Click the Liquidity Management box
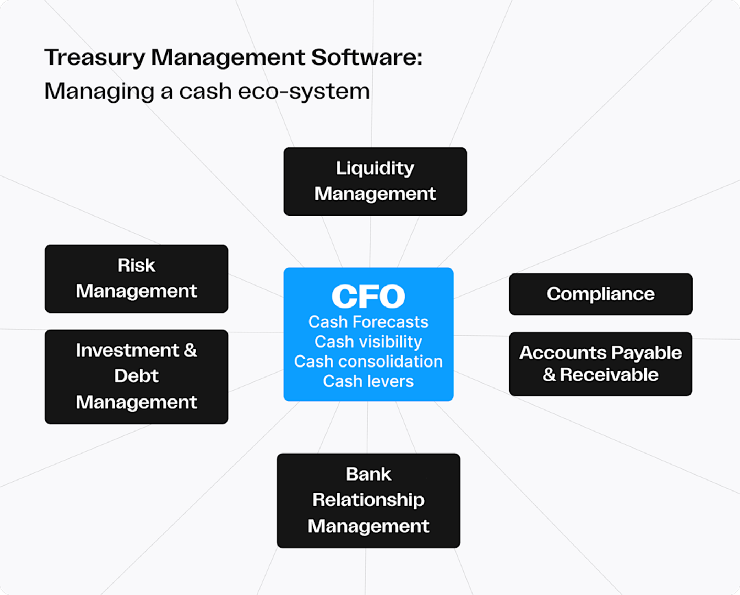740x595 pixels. click(375, 182)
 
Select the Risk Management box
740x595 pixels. click(136, 279)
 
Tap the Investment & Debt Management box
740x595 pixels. click(136, 376)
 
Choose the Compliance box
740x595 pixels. click(600, 294)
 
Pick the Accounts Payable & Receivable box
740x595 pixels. click(600, 364)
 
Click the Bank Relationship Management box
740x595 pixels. click(368, 500)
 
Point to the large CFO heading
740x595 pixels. click(368, 297)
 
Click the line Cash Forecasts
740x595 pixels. click(368, 322)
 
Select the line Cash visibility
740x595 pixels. click(368, 341)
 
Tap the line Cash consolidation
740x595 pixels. click(368, 361)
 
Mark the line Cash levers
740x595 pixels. click(368, 381)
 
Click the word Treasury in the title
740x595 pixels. click(94, 58)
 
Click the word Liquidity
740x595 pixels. click(375, 168)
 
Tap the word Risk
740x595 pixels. click(136, 265)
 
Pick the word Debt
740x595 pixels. click(136, 376)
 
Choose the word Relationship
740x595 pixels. click(368, 500)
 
